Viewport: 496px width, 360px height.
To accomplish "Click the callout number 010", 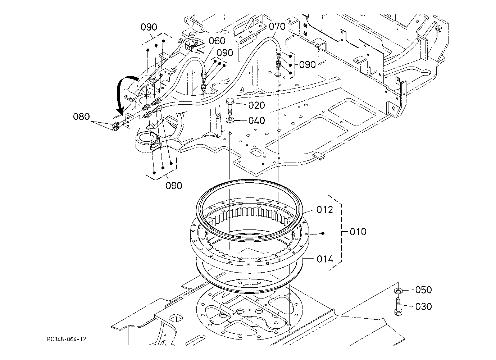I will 358,232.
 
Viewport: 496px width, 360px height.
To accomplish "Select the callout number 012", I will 325,210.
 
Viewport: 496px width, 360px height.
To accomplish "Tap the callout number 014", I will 325,259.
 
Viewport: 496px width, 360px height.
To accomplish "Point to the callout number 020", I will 256,105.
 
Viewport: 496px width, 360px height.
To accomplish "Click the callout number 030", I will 423,307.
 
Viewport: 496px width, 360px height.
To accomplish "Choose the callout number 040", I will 256,120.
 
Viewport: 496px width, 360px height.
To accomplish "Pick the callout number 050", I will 423,290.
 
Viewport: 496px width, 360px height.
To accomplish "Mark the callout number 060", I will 217,41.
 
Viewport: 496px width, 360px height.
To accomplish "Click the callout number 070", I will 277,26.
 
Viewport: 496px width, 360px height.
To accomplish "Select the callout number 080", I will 81,117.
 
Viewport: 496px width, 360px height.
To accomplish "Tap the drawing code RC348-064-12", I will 66,340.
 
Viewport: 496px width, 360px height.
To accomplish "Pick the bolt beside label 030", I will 398,306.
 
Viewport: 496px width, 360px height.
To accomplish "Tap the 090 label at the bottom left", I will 174,186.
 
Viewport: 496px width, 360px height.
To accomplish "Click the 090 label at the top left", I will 149,27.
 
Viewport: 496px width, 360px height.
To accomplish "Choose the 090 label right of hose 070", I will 308,65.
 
